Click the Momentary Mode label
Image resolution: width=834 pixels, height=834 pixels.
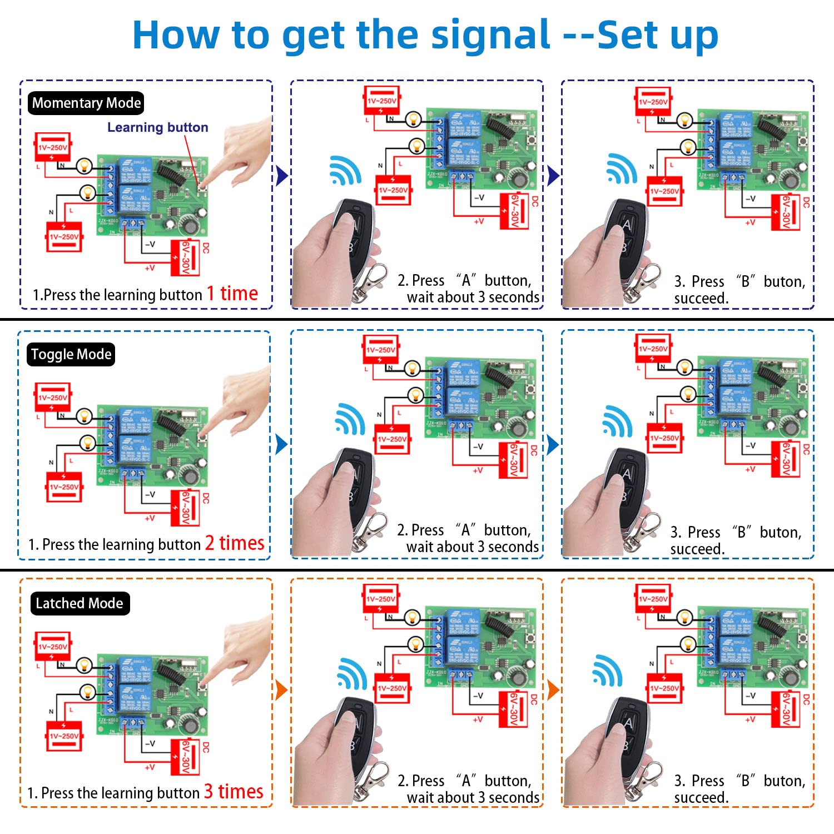point(86,103)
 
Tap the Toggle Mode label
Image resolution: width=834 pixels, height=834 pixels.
point(71,354)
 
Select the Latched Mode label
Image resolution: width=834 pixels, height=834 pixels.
point(79,603)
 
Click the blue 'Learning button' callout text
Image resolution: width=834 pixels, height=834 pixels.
point(157,127)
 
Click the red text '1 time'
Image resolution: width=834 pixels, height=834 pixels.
point(232,293)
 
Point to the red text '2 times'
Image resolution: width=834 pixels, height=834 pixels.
point(234,543)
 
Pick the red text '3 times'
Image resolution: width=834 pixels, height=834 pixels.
point(233,791)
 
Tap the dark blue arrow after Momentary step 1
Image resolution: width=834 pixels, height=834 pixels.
point(282,176)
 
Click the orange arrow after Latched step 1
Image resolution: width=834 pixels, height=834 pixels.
point(281,690)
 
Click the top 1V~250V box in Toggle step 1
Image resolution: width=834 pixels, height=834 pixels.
point(53,397)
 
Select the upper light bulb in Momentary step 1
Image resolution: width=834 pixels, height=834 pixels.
point(84,165)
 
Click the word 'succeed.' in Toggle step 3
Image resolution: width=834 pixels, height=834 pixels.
point(697,549)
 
